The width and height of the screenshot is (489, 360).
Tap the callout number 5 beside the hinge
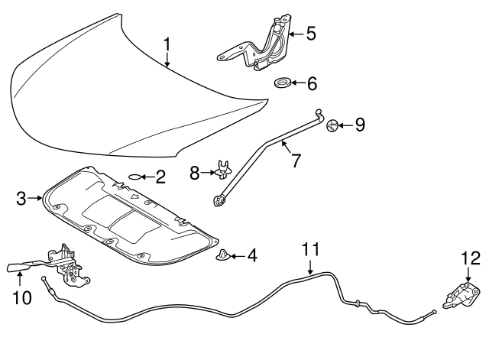coord(311,33)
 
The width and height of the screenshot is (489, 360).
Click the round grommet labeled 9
coord(332,125)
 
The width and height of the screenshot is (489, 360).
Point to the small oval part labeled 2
coord(134,177)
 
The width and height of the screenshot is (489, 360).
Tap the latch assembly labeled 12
coord(459,294)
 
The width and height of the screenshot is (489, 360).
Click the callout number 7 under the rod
coord(294,162)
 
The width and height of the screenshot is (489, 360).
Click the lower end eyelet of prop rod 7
coord(219,201)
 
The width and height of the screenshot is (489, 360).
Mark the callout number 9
coord(361,124)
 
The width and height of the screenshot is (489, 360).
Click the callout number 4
coord(251,255)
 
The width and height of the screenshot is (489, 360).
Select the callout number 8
coord(194,174)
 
